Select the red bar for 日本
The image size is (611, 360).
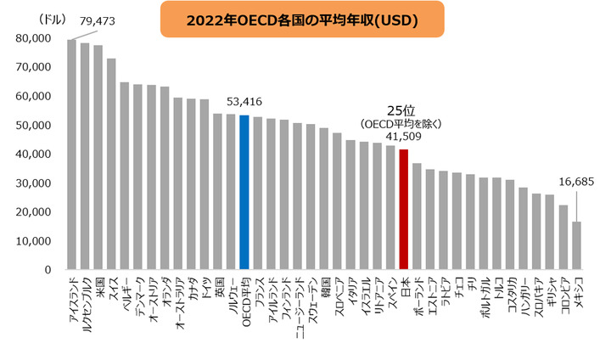tap(404, 209)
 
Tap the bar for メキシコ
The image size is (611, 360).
tap(577, 245)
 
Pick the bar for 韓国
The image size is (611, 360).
tap(324, 199)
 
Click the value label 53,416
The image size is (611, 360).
tap(244, 102)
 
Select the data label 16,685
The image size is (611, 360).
tap(577, 181)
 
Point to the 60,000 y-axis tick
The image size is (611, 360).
tap(34, 96)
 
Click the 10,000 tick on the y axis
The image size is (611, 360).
tap(34, 241)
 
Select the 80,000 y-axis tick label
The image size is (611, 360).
tap(34, 38)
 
